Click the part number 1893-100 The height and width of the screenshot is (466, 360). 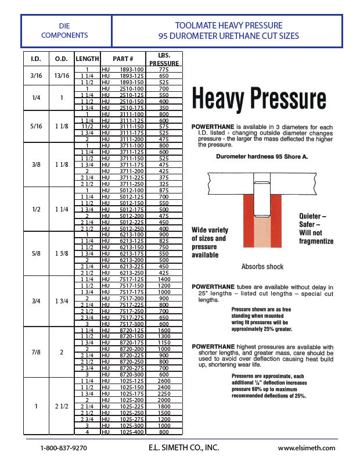131,70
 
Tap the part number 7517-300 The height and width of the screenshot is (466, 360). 131,324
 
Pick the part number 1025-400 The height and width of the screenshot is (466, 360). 131,432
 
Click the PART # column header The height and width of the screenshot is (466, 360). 123,59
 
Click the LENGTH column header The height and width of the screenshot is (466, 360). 87,59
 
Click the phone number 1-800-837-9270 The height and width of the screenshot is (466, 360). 63,448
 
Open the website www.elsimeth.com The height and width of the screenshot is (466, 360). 306,448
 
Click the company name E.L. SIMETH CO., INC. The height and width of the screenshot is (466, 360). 183,447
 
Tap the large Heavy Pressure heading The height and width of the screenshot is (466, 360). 258,99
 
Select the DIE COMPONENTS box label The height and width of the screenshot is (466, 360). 64,31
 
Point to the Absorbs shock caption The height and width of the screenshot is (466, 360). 262,267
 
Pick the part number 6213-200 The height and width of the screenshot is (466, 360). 131,260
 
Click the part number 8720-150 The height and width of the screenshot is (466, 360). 131,336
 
